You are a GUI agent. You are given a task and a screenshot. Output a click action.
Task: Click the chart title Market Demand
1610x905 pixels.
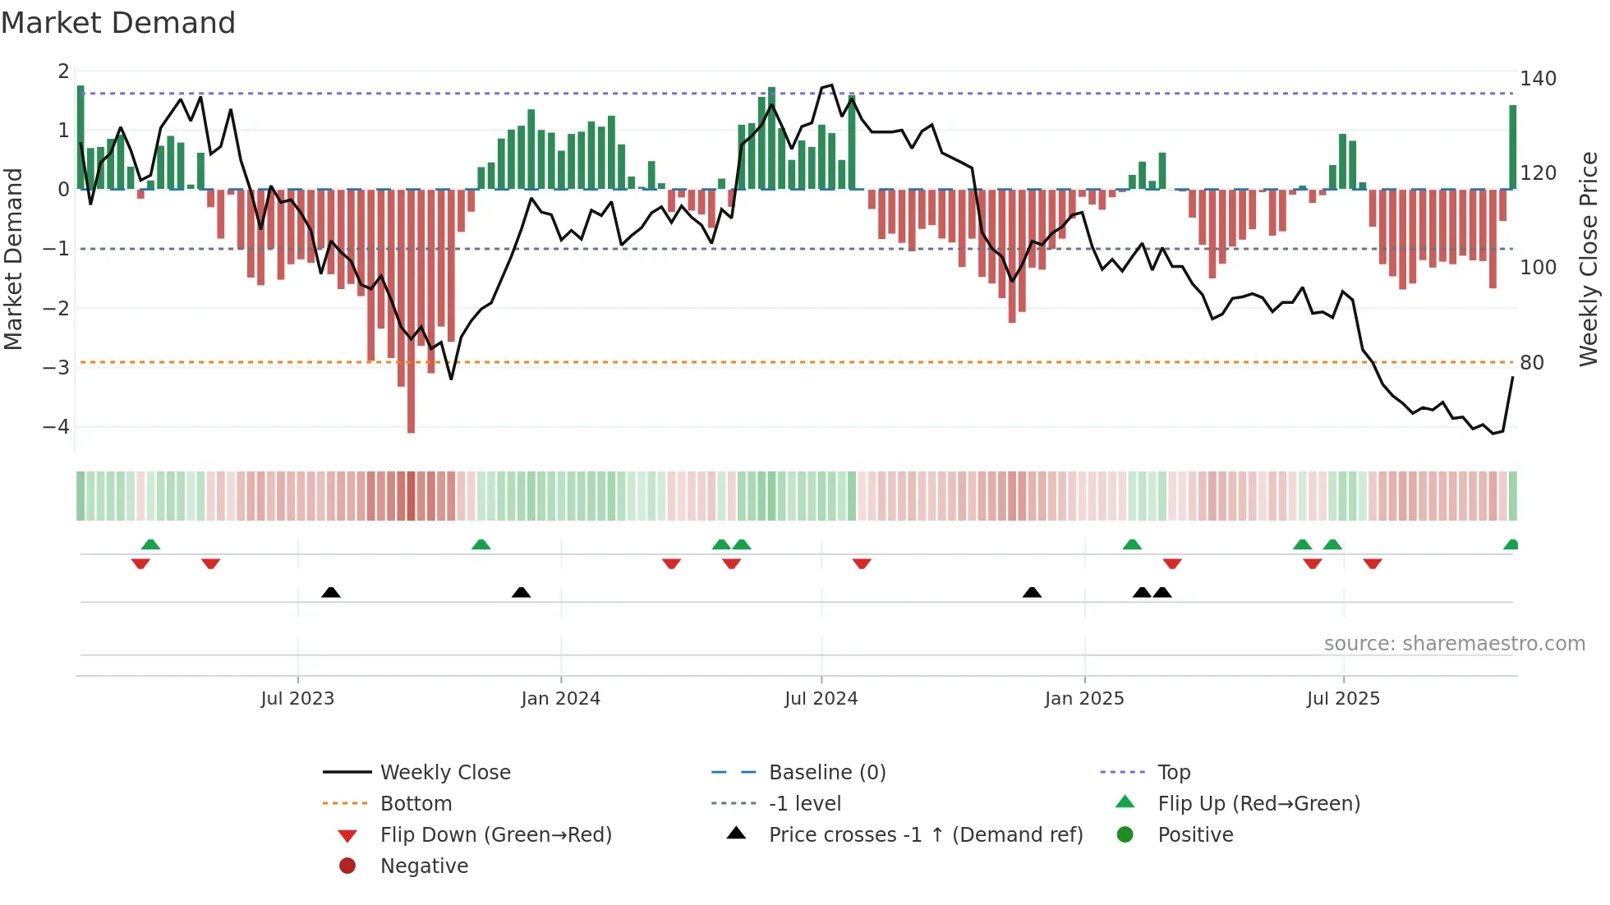pos(118,23)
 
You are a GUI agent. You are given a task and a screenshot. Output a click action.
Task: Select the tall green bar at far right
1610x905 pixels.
pos(1512,148)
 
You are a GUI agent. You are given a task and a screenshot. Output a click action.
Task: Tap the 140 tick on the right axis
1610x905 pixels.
pos(1538,79)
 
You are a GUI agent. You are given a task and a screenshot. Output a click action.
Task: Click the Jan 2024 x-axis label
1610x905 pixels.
pos(560,699)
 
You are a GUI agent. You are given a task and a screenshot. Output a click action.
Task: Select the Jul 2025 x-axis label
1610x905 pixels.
pos(1343,699)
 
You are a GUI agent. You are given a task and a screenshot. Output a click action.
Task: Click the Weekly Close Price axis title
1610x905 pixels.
pos(1589,259)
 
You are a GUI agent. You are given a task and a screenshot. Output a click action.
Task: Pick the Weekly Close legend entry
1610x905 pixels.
pos(444,773)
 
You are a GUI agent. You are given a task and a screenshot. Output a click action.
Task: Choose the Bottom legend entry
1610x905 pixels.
pos(416,804)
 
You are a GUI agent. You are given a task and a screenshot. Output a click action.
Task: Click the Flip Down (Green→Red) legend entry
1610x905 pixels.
pos(495,835)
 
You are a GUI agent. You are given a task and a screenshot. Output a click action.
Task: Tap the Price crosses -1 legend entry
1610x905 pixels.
pos(925,835)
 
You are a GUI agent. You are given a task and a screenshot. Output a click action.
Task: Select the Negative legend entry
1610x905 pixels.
pos(424,866)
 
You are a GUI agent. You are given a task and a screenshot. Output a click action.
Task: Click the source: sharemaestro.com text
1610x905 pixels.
pos(1454,644)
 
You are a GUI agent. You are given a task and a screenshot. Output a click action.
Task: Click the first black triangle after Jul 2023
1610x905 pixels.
pos(330,592)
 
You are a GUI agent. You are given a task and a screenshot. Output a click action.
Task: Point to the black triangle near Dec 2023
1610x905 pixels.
pos(521,592)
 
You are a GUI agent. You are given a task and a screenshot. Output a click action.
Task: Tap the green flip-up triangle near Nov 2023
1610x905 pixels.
pos(481,544)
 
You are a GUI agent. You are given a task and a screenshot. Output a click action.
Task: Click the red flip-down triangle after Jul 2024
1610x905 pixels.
pos(862,564)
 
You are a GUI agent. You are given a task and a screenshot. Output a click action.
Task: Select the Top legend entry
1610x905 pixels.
pos(1173,773)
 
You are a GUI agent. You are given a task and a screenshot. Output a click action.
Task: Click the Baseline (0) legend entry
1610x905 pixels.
pos(826,773)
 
